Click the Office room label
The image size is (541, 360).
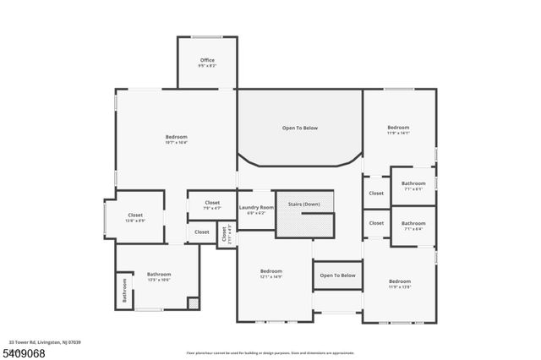(x=207, y=60)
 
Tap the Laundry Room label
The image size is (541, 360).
(x=256, y=207)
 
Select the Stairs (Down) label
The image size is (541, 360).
(x=304, y=205)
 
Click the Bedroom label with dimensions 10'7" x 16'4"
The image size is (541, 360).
(x=177, y=137)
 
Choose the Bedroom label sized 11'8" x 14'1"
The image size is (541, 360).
(x=398, y=128)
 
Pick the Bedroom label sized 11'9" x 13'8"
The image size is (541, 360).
(x=399, y=281)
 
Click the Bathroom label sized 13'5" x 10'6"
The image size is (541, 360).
(x=159, y=274)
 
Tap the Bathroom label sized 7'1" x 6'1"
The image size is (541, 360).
(x=413, y=183)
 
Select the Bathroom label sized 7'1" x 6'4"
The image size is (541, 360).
(x=413, y=223)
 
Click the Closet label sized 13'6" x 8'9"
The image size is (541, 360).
(x=135, y=215)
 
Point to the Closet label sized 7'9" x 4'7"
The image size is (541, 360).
(x=212, y=203)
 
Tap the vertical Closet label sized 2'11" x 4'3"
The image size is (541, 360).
(x=225, y=234)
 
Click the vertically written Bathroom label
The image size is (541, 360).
(x=124, y=292)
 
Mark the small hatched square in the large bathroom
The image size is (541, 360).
(x=192, y=303)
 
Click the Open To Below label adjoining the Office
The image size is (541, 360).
(x=300, y=128)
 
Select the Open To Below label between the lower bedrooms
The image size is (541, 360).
(x=337, y=275)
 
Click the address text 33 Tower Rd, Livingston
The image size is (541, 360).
(x=41, y=341)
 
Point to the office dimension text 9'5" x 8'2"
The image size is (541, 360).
(x=207, y=66)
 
